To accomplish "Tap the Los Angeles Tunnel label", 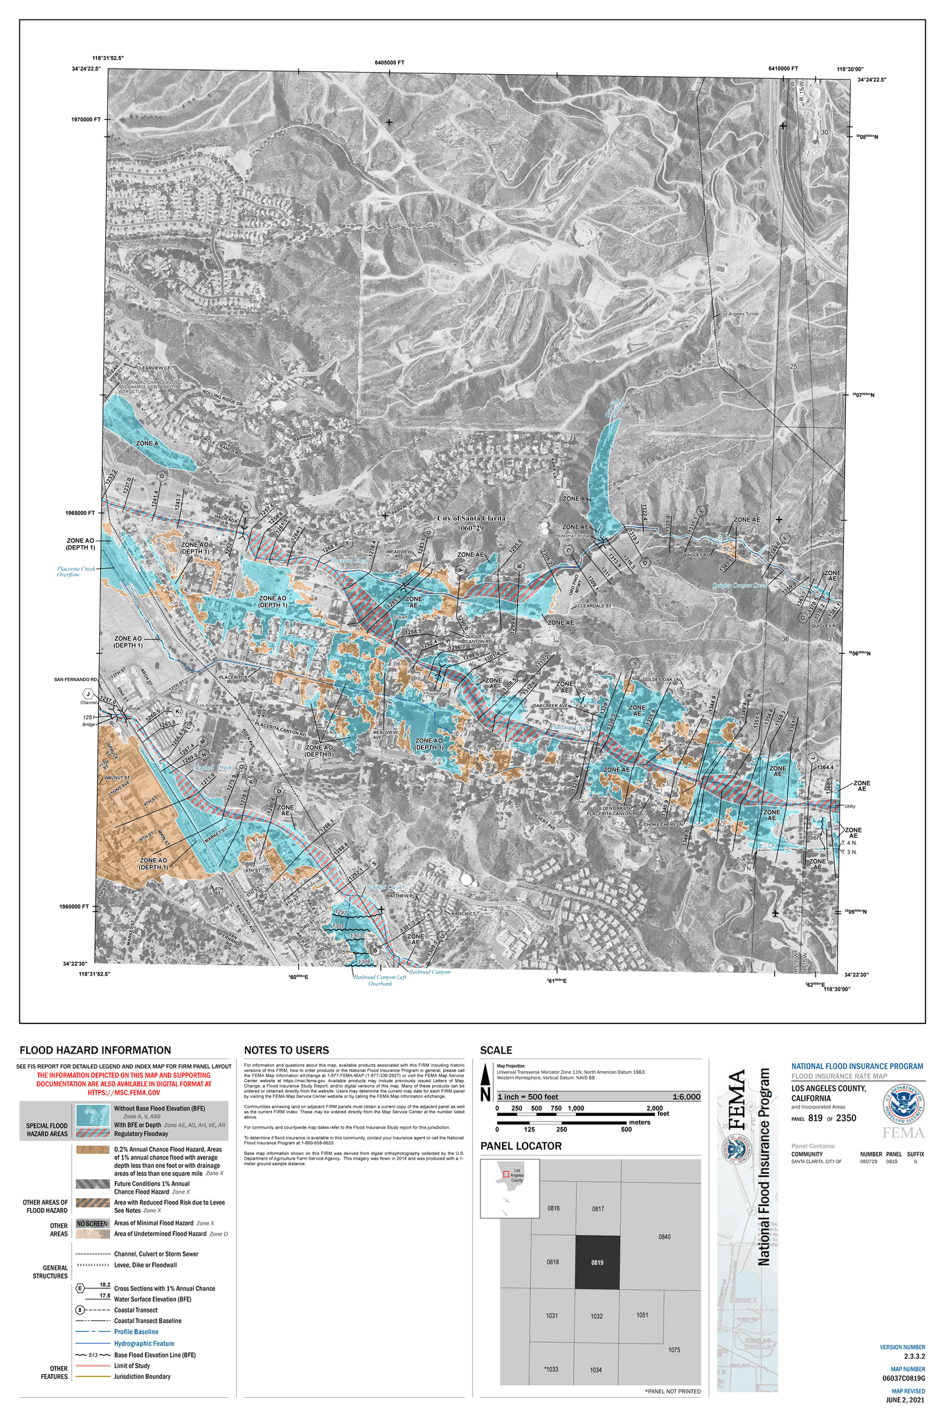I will point(739,314).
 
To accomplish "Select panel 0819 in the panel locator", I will point(597,1263).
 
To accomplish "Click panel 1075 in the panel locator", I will point(674,1350).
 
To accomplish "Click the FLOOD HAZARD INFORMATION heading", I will point(95,1050).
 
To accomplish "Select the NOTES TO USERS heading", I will point(286,1050).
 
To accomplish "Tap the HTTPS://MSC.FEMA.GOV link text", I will point(123,1093).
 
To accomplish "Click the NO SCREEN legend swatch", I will point(91,1223).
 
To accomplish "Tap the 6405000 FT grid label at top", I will point(389,63).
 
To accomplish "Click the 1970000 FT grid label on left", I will point(86,120).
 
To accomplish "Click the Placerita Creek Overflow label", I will point(76,571).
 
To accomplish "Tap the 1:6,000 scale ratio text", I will point(685,1097).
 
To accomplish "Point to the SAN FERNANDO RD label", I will point(76,680).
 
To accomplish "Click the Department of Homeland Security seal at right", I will point(903,1103).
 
